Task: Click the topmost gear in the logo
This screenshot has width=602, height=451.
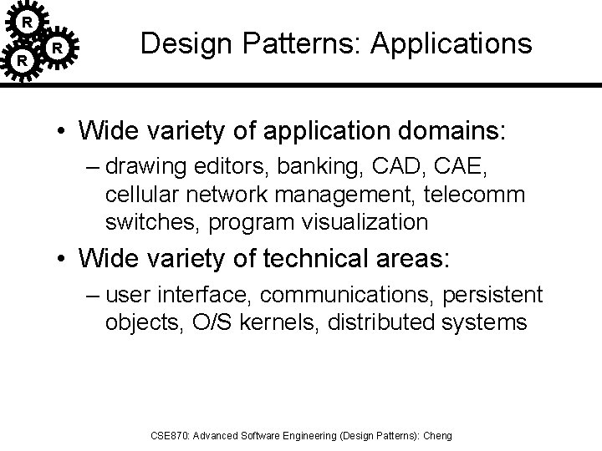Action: coord(28,20)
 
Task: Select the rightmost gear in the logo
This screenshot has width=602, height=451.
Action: coord(57,49)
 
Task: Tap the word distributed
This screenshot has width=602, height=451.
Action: coord(389,322)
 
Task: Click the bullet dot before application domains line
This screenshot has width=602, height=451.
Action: coord(62,132)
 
